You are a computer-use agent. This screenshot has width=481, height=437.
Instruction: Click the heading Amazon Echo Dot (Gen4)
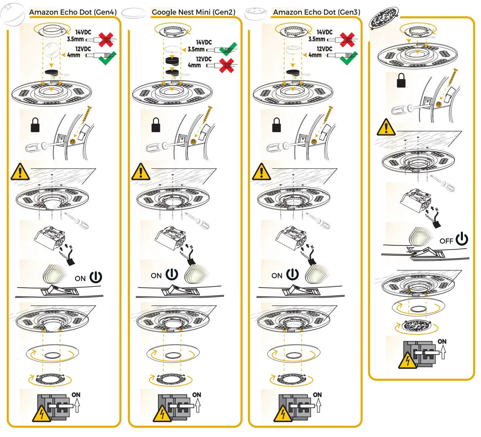(x=73, y=12)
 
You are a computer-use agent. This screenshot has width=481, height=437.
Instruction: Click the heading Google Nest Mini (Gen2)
(x=193, y=12)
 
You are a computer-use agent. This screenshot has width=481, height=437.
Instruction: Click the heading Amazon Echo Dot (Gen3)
(x=316, y=12)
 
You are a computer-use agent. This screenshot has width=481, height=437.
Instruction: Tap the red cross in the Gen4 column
(x=106, y=40)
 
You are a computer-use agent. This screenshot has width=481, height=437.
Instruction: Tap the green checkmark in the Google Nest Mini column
(x=228, y=49)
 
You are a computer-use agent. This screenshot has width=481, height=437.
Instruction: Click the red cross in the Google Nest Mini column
(x=227, y=65)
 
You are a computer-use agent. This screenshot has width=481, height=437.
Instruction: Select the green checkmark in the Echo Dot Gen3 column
(x=349, y=58)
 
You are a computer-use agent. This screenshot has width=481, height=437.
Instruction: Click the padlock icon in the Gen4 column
(x=35, y=125)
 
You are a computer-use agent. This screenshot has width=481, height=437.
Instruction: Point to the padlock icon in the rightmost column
(x=401, y=80)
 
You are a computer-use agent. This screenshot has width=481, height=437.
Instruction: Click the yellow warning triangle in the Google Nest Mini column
(x=140, y=172)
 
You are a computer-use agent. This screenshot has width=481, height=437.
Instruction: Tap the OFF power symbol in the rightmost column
(x=462, y=239)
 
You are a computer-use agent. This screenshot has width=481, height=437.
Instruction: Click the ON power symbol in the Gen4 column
(x=96, y=277)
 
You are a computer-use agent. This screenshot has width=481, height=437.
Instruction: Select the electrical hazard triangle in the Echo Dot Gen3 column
(x=283, y=414)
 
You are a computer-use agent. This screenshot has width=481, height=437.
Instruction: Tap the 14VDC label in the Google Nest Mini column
(x=204, y=42)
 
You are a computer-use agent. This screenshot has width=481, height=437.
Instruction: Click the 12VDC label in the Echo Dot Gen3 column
(x=324, y=49)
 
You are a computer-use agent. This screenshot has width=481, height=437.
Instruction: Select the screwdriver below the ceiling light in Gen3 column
(x=319, y=221)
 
